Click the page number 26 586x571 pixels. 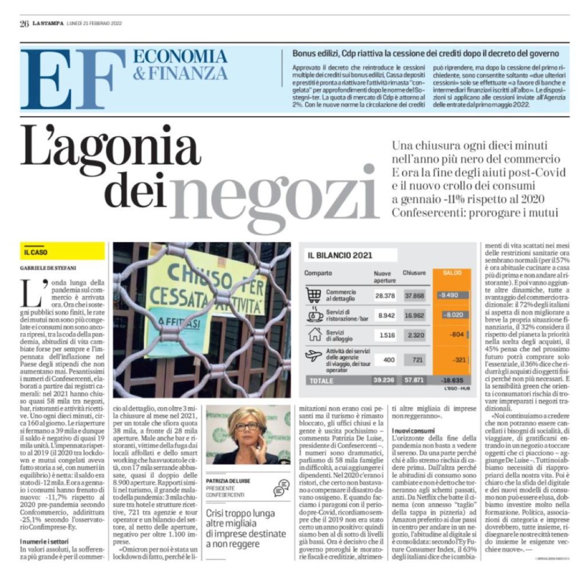click(24, 23)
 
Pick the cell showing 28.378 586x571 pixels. click(385, 295)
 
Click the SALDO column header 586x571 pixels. click(452, 273)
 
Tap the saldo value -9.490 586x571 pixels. click(452, 295)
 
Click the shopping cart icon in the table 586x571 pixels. click(314, 295)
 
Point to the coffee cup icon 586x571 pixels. click(314, 315)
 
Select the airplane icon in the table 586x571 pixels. click(314, 356)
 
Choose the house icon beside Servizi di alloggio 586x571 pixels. click(314, 335)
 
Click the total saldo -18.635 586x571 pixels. click(452, 379)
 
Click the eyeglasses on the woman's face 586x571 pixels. click(247, 426)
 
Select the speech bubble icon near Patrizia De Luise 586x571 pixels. click(281, 488)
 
